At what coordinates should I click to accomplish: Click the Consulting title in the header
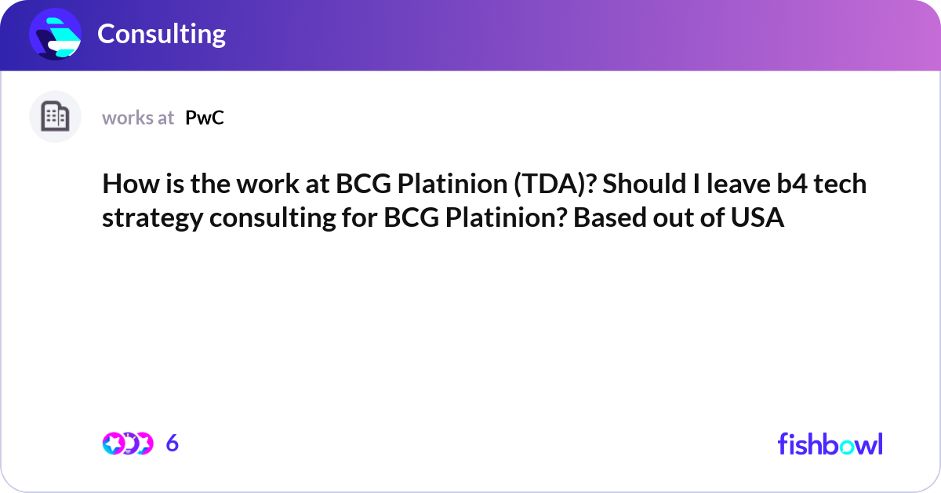click(x=162, y=34)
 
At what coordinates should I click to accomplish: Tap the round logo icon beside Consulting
click(x=56, y=35)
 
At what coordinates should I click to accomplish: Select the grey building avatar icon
click(x=55, y=117)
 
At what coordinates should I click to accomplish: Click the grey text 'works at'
click(x=138, y=118)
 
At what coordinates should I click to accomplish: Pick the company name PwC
click(x=205, y=118)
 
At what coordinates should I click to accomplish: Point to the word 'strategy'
click(x=151, y=217)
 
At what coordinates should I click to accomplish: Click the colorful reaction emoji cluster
click(x=127, y=444)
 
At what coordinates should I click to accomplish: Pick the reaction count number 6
click(x=173, y=444)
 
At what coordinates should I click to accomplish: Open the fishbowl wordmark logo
click(x=830, y=444)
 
